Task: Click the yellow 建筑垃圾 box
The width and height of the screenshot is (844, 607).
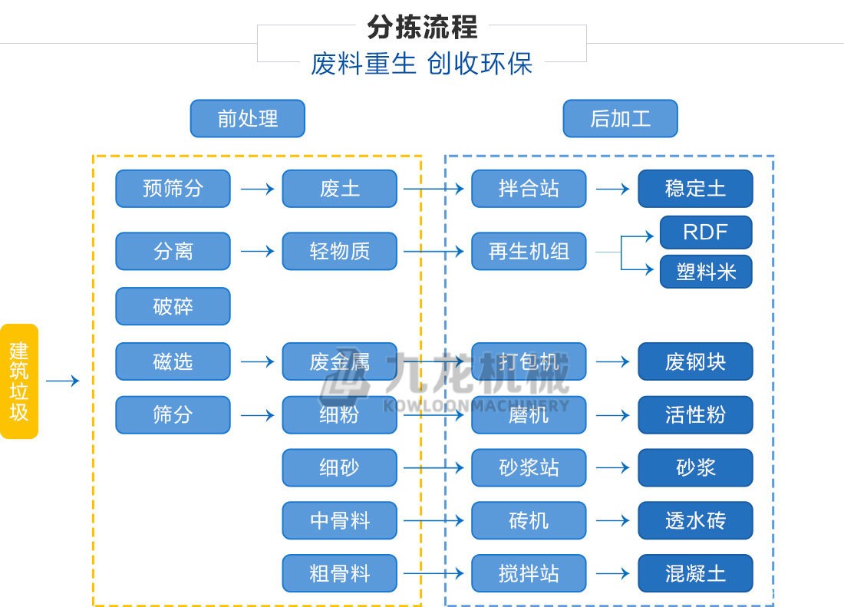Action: click(19, 381)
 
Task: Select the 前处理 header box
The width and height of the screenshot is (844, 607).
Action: click(247, 119)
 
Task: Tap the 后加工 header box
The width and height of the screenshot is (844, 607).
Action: click(620, 119)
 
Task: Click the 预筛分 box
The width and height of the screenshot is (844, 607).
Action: click(173, 189)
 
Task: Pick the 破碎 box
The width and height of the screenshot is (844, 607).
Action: click(173, 306)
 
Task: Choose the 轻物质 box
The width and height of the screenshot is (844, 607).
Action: click(339, 252)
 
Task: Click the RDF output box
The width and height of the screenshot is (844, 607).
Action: click(706, 233)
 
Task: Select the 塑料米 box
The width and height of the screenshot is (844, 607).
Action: click(706, 272)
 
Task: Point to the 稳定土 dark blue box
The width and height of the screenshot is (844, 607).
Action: click(695, 189)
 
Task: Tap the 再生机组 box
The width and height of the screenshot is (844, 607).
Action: click(529, 252)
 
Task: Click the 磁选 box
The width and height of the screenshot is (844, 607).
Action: click(173, 361)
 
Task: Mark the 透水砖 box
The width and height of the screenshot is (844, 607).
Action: click(695, 521)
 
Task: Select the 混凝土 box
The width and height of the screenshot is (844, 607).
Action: click(695, 574)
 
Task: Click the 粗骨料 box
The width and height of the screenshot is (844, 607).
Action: click(339, 574)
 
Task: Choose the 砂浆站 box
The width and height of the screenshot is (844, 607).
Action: click(529, 468)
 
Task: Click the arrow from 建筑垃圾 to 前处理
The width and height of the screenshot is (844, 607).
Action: click(63, 381)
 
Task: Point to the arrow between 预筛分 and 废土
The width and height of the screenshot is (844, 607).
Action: click(257, 189)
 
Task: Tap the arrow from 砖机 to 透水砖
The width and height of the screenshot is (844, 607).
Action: click(612, 521)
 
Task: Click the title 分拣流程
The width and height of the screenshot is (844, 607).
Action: click(422, 27)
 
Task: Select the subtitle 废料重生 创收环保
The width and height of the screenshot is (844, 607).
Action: click(422, 64)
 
